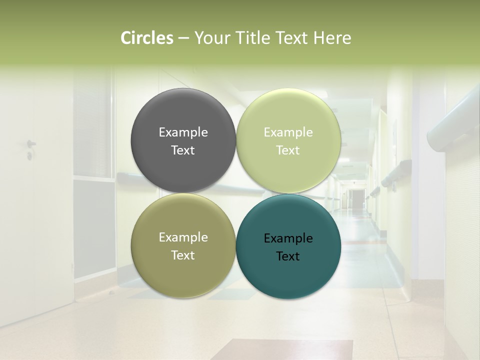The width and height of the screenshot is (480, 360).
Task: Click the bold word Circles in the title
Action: point(146,38)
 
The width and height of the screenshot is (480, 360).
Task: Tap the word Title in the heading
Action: point(251,38)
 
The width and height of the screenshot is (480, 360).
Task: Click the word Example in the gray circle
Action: point(183,132)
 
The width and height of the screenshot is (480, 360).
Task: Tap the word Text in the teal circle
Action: point(287,256)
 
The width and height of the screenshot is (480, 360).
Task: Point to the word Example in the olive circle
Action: point(183,237)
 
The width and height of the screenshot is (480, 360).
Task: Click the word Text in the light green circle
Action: point(287,150)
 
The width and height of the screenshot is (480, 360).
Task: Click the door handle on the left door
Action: point(30,144)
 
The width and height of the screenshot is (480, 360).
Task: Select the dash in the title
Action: point(183,38)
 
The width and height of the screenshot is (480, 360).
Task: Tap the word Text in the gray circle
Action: point(183,150)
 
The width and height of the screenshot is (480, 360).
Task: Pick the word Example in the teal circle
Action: point(288,238)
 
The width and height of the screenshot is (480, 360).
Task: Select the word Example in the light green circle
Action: point(288,132)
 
